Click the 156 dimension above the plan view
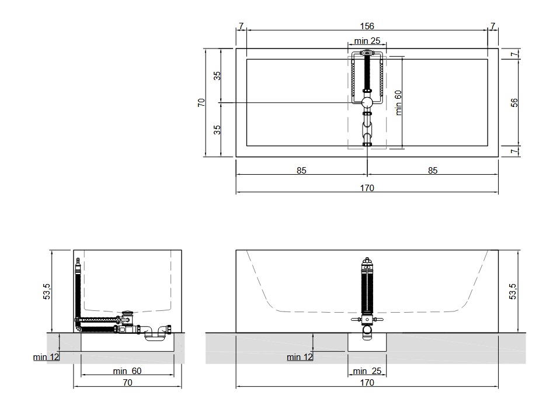coord(367,26)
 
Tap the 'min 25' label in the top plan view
coord(367,41)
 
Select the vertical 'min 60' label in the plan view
coord(398,102)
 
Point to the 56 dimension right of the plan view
coord(514,102)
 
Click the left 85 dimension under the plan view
coord(301,171)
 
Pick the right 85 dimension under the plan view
coord(433,171)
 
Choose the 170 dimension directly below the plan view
coord(367,188)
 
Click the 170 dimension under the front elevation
coord(367,383)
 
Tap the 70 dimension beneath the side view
coord(127,383)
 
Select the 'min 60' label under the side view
coord(127,371)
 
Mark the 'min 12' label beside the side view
coord(46,357)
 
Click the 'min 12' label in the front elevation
coord(300,357)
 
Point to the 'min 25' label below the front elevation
coord(367,371)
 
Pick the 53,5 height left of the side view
coord(46,291)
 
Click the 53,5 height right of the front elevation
coord(513,291)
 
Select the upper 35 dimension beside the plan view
coord(217,76)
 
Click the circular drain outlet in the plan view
coord(367,102)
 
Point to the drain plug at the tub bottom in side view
coord(128,313)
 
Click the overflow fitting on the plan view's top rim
coord(367,53)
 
